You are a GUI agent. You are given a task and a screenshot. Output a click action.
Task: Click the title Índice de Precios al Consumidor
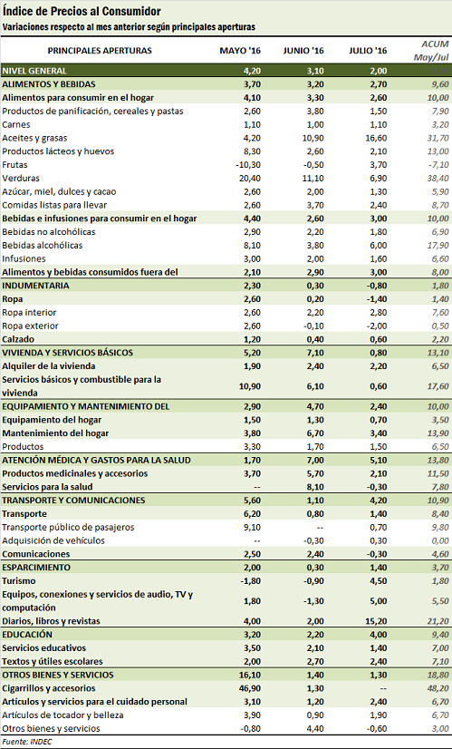pos(82,12)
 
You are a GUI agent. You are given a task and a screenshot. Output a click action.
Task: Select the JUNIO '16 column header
pos(303,51)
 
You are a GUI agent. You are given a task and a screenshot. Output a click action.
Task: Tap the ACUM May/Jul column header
pos(431,51)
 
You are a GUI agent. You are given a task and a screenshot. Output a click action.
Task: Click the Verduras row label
pos(21,178)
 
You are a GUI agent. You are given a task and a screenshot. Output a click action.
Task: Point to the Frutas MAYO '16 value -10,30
pos(247,165)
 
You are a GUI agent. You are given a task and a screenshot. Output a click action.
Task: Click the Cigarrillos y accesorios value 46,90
pos(249,688)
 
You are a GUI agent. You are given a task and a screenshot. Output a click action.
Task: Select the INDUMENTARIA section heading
pos(36,286)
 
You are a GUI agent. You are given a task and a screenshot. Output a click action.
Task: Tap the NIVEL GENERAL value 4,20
pos(251,71)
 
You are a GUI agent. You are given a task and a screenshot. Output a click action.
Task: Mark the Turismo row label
pos(19,581)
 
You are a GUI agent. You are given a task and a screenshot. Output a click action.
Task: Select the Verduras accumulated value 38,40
pos(438,178)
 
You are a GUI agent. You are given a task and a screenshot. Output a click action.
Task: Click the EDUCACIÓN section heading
pos(27,635)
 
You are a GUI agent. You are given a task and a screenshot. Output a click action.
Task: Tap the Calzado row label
pos(18,339)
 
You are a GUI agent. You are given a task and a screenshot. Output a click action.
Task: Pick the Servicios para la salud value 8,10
pos(314,487)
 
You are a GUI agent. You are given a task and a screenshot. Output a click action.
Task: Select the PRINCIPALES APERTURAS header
pos(100,51)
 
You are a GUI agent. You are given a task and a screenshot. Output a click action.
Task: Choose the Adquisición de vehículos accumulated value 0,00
pos(439,540)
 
